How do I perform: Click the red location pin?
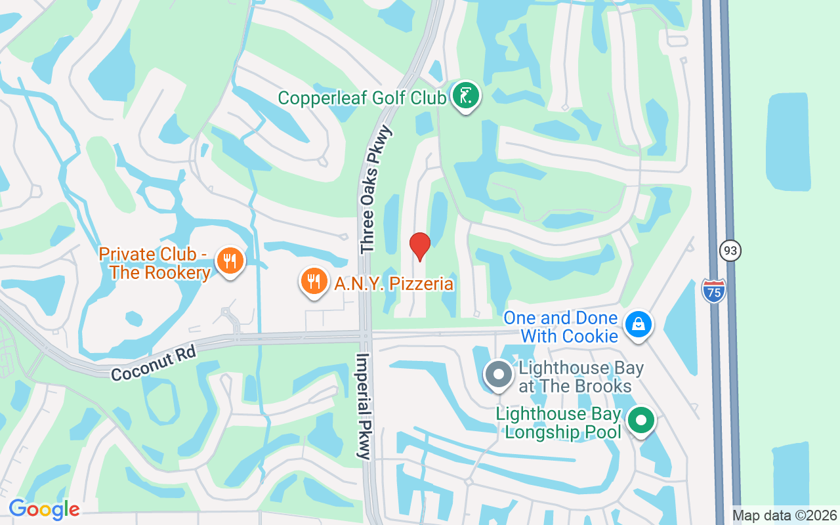[x=419, y=246]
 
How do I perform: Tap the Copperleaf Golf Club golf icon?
[x=465, y=96]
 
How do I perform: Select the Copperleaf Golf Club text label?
[x=362, y=98]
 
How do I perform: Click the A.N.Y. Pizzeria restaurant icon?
[x=314, y=281]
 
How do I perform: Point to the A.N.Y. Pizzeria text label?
[x=394, y=283]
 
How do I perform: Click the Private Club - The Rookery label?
[x=155, y=263]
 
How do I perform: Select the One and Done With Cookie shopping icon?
[x=638, y=324]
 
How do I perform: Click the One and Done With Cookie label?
[x=560, y=327]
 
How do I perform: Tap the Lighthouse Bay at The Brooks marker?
[x=498, y=375]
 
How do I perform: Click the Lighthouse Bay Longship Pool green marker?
[x=641, y=420]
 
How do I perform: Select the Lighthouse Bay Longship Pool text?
[x=558, y=423]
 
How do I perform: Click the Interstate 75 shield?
[x=713, y=290]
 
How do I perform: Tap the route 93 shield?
[x=730, y=250]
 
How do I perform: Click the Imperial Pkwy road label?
[x=364, y=406]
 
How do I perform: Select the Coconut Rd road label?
[x=154, y=365]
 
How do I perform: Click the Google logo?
[x=44, y=509]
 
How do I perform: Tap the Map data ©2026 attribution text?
[x=784, y=516]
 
